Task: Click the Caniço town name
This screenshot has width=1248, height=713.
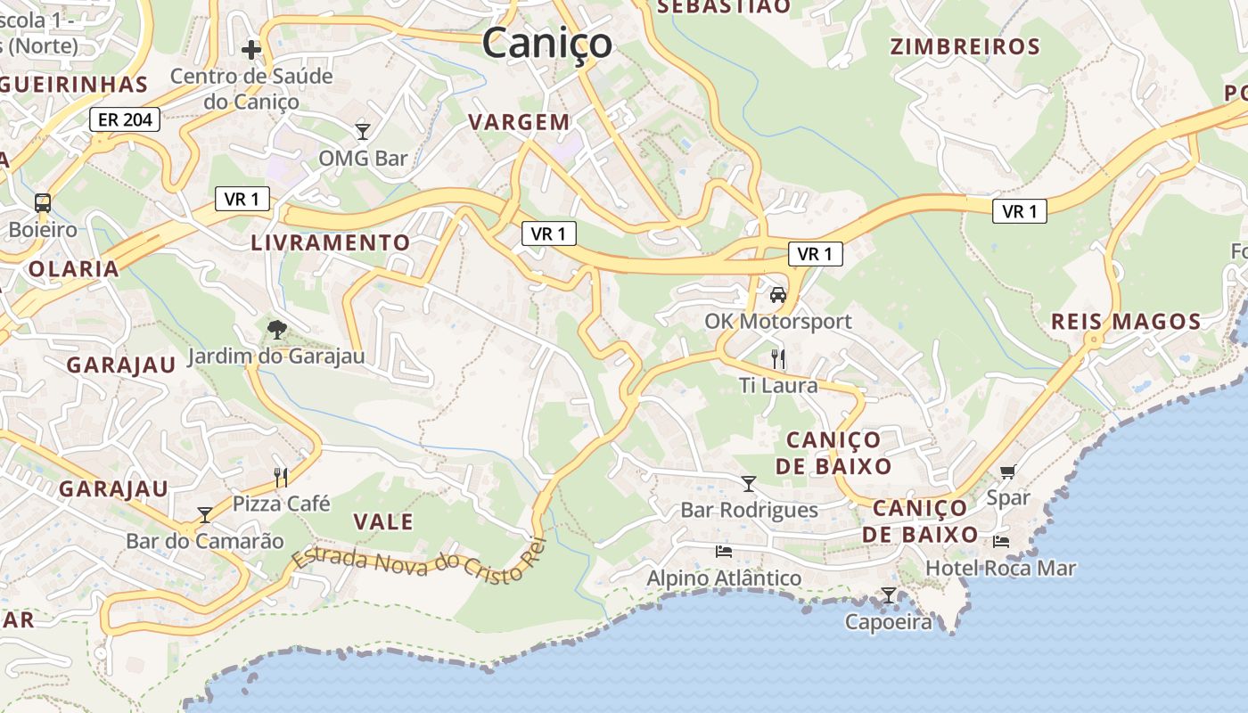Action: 547,43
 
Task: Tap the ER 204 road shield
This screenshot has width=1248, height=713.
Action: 124,119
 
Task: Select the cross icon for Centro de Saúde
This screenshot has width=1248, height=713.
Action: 251,48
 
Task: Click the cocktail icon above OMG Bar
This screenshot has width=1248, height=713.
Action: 363,132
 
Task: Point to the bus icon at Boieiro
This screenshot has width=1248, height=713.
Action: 42,202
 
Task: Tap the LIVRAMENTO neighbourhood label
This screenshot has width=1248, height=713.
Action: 331,242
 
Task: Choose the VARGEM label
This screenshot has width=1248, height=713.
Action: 519,122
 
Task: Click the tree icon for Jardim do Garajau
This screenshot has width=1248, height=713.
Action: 276,330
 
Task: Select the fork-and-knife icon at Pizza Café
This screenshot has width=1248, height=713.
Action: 281,477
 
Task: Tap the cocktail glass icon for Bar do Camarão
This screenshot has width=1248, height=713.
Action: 205,514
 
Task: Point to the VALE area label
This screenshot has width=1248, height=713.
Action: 383,521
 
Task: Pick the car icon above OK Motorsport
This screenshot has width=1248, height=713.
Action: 778,294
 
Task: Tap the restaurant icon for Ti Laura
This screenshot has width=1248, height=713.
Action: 778,359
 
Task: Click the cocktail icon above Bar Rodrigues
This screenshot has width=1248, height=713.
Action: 749,483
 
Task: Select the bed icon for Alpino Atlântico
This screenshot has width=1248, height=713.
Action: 724,552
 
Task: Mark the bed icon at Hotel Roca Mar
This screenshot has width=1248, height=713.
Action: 1001,541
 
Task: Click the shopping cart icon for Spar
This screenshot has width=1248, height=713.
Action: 1008,471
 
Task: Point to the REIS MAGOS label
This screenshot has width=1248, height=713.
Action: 1126,322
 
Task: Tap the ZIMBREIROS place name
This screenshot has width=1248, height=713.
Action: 965,46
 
